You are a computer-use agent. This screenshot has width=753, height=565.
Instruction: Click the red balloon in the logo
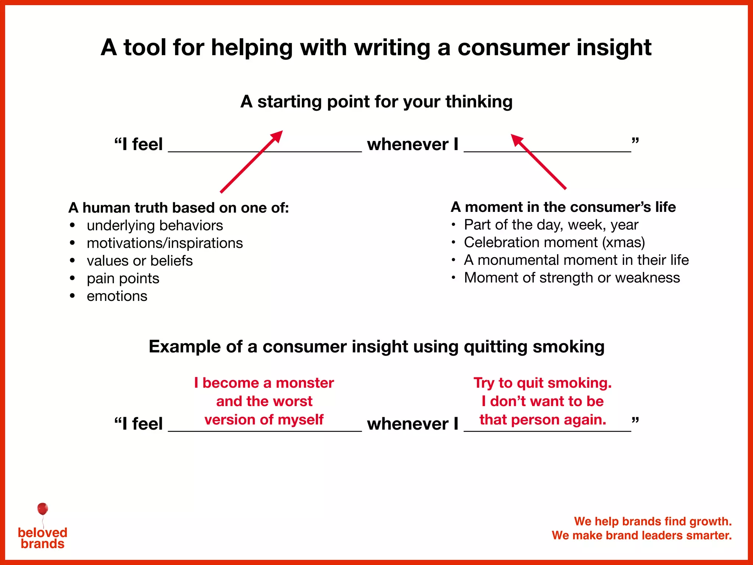pyautogui.click(x=43, y=509)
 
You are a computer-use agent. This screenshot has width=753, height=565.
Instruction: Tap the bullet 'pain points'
pyautogui.click(x=123, y=278)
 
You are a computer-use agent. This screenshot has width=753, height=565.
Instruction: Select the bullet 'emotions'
pyautogui.click(x=117, y=296)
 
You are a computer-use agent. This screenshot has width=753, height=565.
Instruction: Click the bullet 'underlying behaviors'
pyautogui.click(x=155, y=225)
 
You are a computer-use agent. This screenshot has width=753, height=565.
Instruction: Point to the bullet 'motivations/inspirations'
pyautogui.click(x=165, y=243)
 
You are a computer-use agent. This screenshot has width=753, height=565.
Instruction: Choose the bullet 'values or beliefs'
pyautogui.click(x=140, y=261)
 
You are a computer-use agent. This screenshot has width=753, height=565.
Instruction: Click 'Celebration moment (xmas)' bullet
pyautogui.click(x=554, y=242)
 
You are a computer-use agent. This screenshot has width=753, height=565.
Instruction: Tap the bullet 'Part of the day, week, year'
pyautogui.click(x=551, y=225)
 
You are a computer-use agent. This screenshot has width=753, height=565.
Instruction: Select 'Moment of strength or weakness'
pyautogui.click(x=572, y=278)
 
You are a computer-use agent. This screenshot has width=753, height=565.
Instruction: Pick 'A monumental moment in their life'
pyautogui.click(x=576, y=260)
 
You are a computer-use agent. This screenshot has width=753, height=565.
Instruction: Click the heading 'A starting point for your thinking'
pyautogui.click(x=376, y=102)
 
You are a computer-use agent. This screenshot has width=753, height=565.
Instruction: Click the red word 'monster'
pyautogui.click(x=305, y=383)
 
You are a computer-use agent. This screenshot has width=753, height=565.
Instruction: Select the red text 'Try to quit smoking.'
pyautogui.click(x=542, y=383)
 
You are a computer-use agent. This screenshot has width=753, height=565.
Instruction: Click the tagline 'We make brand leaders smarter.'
pyautogui.click(x=642, y=535)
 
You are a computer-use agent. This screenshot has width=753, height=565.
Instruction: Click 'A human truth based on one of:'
pyautogui.click(x=179, y=208)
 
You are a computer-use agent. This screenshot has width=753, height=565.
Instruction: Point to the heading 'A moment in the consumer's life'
pyautogui.click(x=563, y=207)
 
